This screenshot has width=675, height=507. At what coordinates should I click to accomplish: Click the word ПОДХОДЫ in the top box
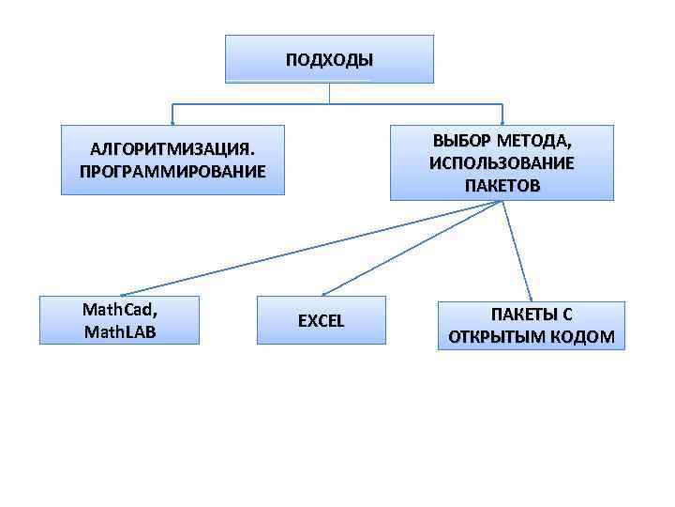[329, 60]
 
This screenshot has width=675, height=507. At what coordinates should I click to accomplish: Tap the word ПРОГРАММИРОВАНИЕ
[172, 172]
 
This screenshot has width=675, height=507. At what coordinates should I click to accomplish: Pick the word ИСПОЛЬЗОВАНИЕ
[502, 162]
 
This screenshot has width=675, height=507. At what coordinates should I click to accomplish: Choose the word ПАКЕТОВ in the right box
[502, 185]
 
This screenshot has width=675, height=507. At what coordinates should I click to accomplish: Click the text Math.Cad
[119, 309]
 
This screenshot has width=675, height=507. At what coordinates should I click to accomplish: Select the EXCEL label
[322, 321]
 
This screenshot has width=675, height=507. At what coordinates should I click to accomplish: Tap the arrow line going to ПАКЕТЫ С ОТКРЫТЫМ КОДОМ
[517, 250]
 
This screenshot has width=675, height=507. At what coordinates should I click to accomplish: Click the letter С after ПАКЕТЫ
[567, 315]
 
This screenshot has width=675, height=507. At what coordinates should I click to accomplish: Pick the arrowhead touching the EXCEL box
[323, 293]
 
